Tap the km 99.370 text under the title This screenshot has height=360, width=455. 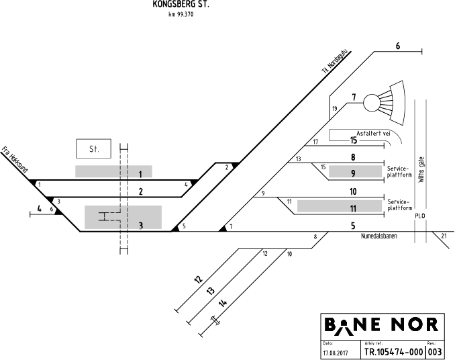pos(181,15)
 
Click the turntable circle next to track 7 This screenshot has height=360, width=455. pos(372,103)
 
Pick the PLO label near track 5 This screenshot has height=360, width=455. pos(420,216)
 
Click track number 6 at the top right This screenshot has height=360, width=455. pos(397,46)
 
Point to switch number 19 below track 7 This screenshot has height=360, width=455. pos(334,109)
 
